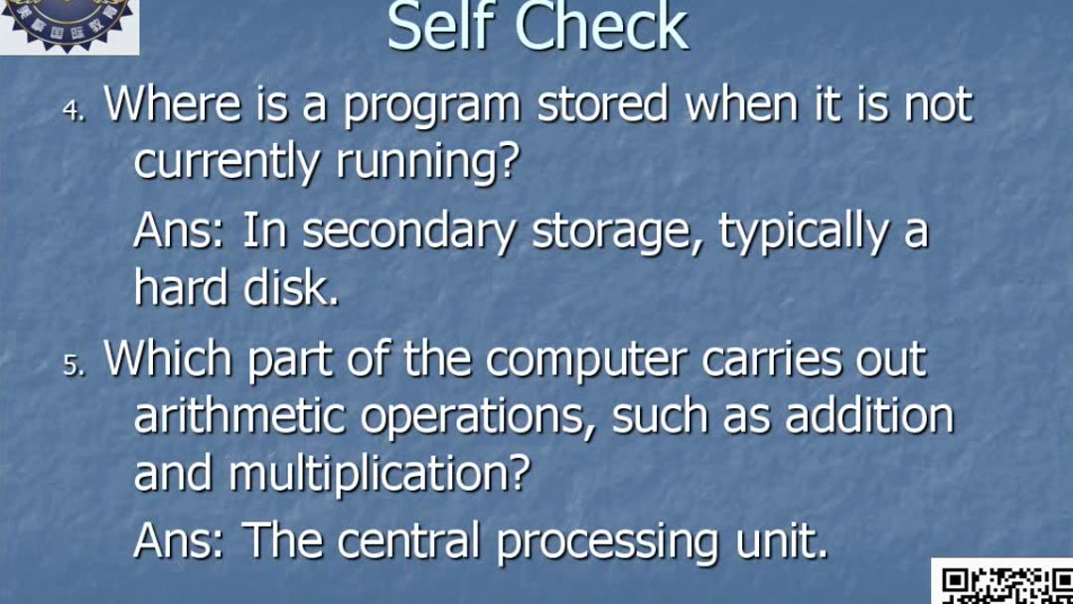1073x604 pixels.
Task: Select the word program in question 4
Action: point(431,107)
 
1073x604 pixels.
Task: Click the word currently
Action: point(226,162)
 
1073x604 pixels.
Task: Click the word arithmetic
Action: point(239,417)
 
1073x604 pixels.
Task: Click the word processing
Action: point(607,543)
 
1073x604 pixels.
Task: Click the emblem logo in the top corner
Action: point(70,26)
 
